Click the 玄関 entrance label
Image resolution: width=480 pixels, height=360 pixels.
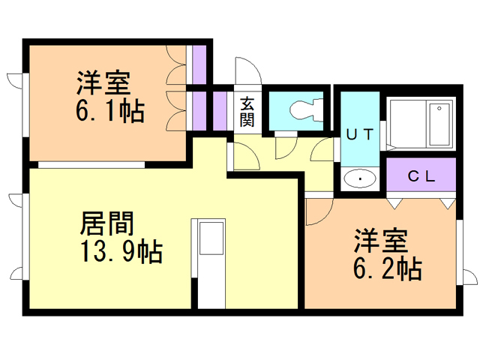[x=247, y=112]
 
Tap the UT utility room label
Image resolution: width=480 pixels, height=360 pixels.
[x=359, y=135]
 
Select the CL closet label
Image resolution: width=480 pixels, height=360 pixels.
[x=421, y=177]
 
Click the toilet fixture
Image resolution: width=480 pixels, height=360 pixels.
[x=304, y=109]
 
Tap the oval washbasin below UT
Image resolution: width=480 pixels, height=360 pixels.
[x=361, y=179]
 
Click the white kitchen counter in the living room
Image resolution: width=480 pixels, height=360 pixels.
[x=209, y=262]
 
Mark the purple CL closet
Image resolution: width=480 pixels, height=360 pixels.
[x=421, y=177]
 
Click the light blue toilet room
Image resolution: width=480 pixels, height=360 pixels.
[x=297, y=111]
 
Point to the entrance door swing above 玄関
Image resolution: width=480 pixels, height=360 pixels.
[x=247, y=73]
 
